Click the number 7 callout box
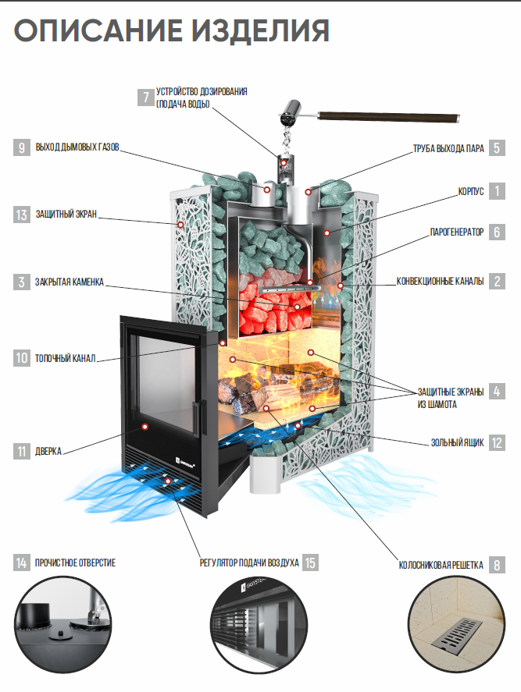(145, 98)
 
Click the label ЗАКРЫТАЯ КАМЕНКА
(70, 282)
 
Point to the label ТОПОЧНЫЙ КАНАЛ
(66, 360)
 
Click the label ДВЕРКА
(48, 451)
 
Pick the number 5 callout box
(496, 147)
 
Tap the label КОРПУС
(470, 190)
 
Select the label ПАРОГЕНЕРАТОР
(457, 232)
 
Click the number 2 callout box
(496, 281)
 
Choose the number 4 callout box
(496, 391)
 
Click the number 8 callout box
(496, 565)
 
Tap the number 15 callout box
(311, 562)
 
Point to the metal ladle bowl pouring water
(288, 112)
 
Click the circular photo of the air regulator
(260, 635)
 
